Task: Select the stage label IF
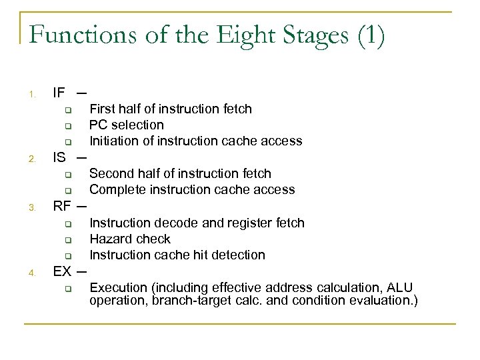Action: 59,92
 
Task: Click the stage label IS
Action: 59,157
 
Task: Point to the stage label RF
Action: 63,206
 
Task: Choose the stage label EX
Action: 63,271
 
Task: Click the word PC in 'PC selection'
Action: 99,125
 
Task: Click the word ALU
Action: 401,287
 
